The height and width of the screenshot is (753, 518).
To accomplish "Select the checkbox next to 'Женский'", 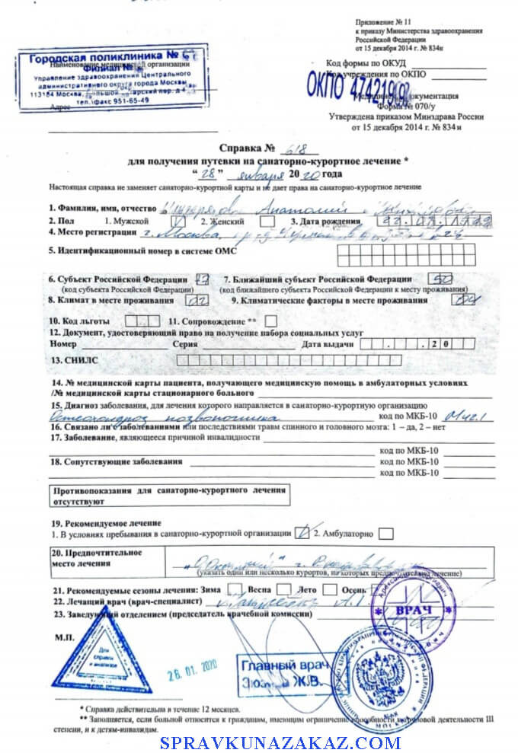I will (267, 222).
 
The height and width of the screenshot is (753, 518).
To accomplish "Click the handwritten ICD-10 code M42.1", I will (464, 416).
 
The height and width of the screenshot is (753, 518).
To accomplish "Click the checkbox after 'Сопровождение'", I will (270, 321).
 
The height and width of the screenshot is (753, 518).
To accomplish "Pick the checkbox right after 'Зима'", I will (235, 590).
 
